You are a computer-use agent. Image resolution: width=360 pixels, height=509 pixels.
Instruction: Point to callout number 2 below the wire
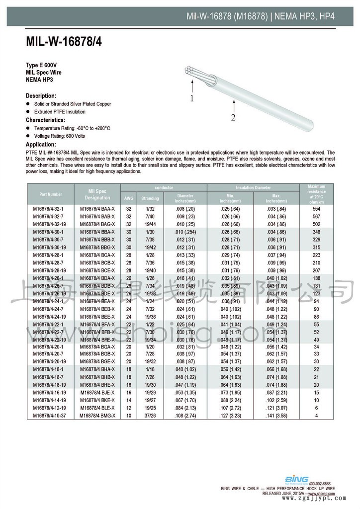[233, 117]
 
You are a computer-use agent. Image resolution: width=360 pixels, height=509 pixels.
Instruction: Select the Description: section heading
[41, 95]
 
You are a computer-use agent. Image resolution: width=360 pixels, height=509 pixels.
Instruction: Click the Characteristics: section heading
[45, 120]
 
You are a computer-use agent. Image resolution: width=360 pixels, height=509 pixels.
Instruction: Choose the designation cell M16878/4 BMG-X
[97, 415]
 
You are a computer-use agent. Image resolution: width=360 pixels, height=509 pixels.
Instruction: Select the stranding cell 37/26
[150, 415]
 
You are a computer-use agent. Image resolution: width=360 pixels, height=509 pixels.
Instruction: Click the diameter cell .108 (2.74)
[185, 415]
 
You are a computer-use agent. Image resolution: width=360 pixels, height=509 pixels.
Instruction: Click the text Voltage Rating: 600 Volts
[60, 136]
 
